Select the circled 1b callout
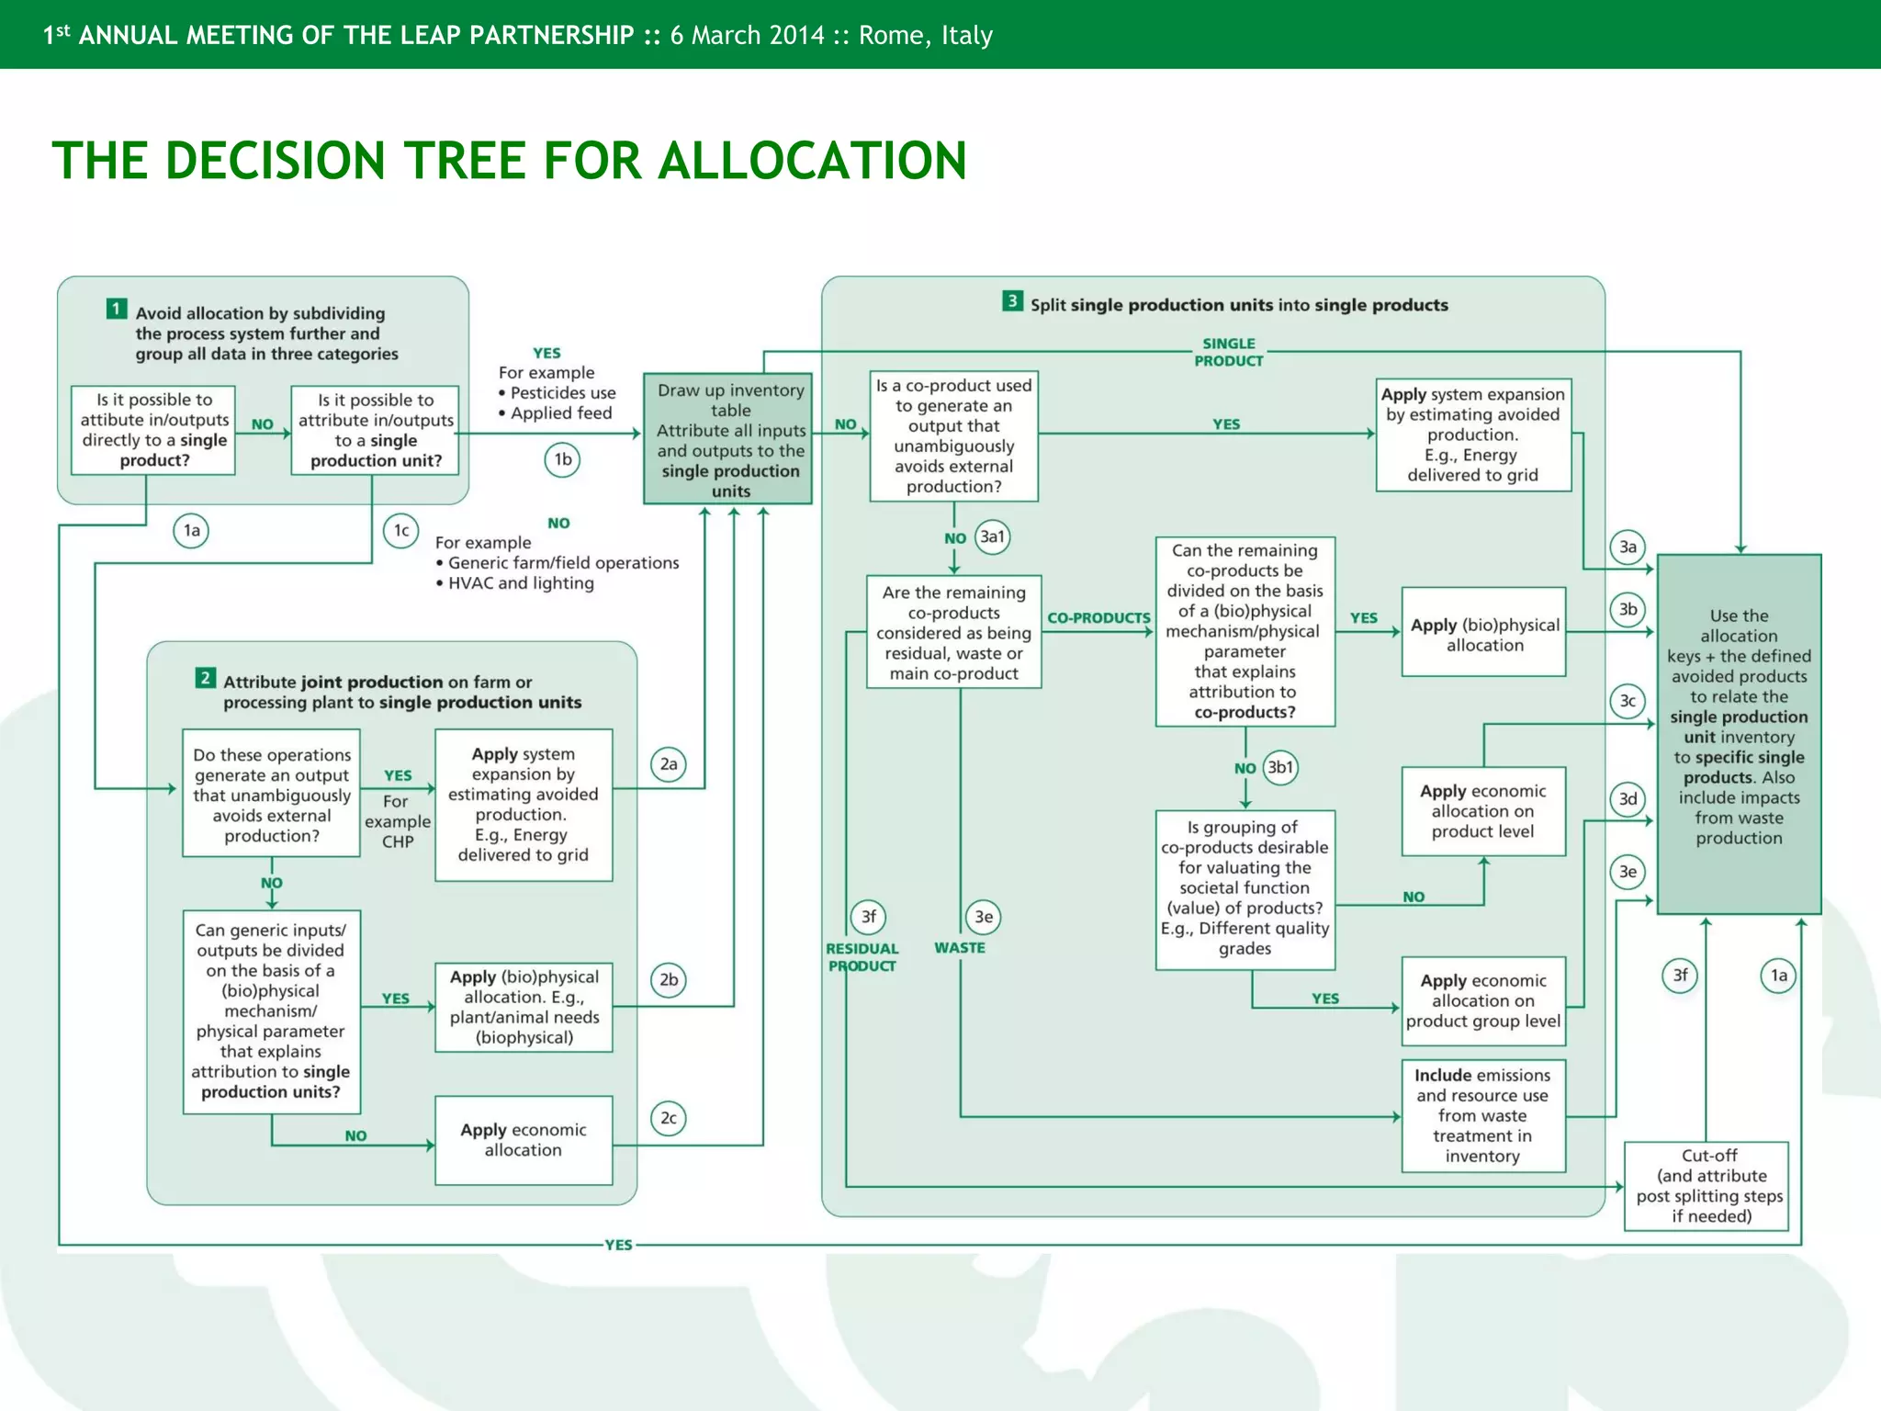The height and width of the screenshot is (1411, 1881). tap(563, 459)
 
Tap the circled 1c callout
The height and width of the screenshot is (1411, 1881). tap(401, 531)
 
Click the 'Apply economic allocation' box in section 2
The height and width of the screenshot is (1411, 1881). tap(524, 1140)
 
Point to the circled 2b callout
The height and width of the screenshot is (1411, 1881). tap(669, 980)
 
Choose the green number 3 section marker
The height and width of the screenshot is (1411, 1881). tap(1012, 301)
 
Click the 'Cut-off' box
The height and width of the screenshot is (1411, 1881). tap(1706, 1186)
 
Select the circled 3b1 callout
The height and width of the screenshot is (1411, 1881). tap(1280, 767)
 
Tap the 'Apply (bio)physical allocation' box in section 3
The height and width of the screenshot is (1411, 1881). tap(1483, 632)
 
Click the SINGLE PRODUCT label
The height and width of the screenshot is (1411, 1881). tap(1228, 352)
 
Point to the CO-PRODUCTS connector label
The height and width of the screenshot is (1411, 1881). tap(1098, 618)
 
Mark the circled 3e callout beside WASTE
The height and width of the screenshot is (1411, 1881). tap(984, 917)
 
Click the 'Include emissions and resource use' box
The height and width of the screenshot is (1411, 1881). tap(1482, 1115)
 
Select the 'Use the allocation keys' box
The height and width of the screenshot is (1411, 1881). tap(1739, 732)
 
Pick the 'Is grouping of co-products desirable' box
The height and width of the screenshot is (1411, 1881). tap(1245, 888)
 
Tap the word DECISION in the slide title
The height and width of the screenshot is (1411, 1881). tap(276, 161)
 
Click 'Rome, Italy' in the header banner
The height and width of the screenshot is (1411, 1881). tap(926, 36)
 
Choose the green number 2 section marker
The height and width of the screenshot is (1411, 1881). tap(206, 679)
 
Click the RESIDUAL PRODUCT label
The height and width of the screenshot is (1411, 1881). tap(862, 957)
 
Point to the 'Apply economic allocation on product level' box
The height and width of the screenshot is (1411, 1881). tap(1482, 811)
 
